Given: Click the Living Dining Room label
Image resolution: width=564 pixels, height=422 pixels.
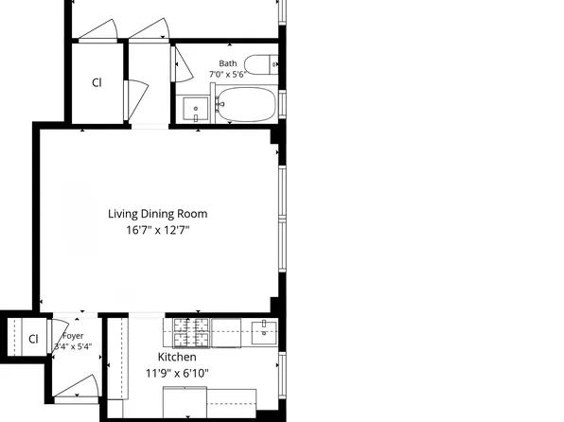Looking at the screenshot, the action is [x=157, y=214].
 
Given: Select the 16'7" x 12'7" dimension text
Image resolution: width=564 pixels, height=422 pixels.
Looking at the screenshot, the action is [x=157, y=230].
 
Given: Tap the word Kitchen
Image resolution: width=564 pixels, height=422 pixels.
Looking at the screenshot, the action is [x=177, y=357].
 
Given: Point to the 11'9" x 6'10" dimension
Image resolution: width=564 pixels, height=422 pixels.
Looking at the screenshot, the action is [x=177, y=373].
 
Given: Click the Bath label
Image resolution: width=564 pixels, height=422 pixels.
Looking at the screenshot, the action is [x=228, y=63].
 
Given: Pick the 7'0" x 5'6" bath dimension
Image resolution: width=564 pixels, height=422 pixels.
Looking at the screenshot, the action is [x=228, y=75].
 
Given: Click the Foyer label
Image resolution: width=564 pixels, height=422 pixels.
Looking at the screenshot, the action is [x=73, y=336].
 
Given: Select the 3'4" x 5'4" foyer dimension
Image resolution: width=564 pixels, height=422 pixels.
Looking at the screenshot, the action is [x=73, y=347].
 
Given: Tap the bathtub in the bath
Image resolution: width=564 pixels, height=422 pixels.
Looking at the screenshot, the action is [x=246, y=104].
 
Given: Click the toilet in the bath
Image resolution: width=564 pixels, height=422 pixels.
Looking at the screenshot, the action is [x=261, y=64].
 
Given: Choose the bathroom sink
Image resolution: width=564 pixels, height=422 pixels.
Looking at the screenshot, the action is [x=196, y=108].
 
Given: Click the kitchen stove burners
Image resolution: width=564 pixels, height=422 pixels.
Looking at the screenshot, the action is [x=191, y=333].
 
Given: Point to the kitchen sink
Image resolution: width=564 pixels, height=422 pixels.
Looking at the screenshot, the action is [x=264, y=333].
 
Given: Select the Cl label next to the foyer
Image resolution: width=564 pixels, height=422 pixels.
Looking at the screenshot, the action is [x=33, y=339].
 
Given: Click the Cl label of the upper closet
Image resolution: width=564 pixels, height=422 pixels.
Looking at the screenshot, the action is [x=97, y=82].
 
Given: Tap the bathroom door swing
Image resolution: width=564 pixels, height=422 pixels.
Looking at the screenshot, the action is [x=183, y=64].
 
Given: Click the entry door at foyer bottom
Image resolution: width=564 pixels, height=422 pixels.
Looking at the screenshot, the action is [x=76, y=387].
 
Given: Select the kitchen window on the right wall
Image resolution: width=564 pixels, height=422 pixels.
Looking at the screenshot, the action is [x=282, y=375].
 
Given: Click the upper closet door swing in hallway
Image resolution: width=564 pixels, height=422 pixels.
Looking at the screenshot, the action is [x=135, y=100].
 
